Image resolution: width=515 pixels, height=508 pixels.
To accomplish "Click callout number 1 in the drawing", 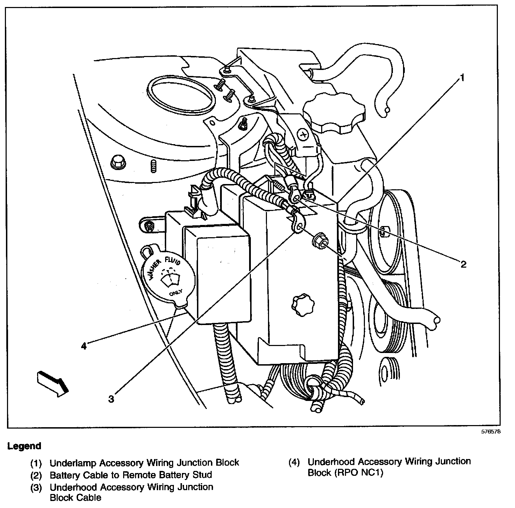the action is pos(462,78).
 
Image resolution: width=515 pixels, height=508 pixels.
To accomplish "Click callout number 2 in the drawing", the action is pos(463,264).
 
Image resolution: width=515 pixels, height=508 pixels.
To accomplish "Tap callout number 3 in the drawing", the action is pos(111,398).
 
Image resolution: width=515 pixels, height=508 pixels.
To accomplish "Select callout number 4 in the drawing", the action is pos(83,346).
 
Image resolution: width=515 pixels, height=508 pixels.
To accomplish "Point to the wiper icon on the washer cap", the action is pos(169,280).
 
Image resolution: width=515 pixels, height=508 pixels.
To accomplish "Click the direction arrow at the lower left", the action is pos(52,383).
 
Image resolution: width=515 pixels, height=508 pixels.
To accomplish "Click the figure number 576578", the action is pos(491,431).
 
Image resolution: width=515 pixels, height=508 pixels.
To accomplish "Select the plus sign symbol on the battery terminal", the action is pos(303,134).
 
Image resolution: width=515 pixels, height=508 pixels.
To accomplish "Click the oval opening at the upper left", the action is pos(180,94).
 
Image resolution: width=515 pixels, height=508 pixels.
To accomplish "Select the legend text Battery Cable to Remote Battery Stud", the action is pos(130,475).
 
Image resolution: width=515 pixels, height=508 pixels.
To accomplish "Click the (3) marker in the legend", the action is pos(36,487).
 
